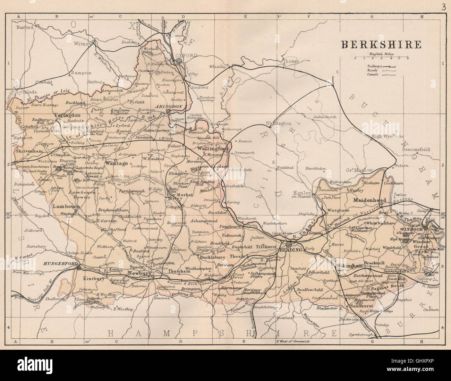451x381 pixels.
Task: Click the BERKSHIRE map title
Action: [x=381, y=44]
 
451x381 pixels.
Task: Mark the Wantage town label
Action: [x=116, y=163]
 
